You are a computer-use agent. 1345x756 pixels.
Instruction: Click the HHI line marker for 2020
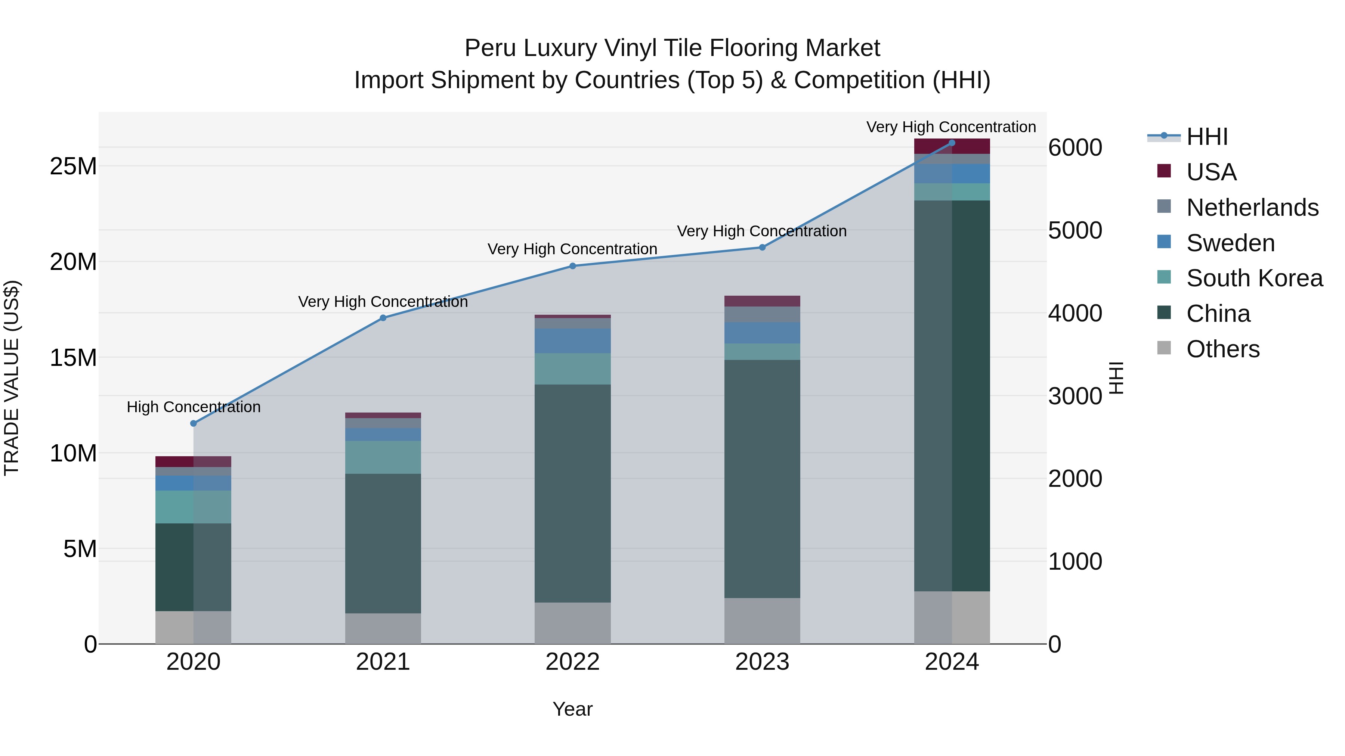193,423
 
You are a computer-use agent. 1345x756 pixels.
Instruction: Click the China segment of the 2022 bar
572,493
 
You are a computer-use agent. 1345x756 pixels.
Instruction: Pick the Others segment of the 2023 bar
762,620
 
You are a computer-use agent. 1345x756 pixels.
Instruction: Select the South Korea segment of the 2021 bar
383,457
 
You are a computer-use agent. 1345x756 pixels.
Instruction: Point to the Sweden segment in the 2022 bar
572,341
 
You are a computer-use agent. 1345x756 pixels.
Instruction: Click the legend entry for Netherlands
1252,207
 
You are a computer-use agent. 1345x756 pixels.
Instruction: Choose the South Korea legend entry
1254,278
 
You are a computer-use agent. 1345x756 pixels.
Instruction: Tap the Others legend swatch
1164,348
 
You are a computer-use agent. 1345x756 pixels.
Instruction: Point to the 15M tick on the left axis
73,358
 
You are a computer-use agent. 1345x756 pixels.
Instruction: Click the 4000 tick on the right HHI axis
1075,313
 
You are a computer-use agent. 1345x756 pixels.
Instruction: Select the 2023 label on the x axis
762,662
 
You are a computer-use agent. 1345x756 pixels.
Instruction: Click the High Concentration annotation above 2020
193,407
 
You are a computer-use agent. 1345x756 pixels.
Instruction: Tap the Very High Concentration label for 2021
383,302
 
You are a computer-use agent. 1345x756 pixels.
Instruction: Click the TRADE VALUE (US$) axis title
12,378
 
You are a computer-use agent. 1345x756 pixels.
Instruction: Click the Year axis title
572,709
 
